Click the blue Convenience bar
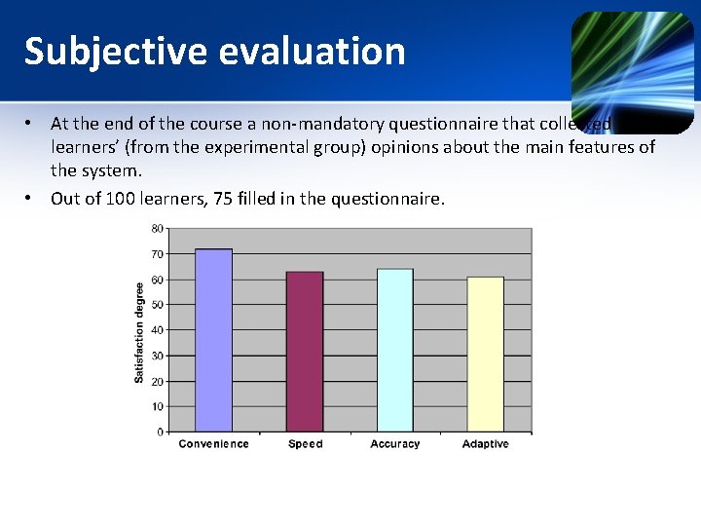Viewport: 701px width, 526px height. point(213,340)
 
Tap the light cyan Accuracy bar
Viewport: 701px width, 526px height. point(394,350)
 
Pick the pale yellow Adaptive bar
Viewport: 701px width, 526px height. point(485,354)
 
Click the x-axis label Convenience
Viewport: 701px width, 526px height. point(213,444)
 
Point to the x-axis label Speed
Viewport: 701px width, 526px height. point(305,444)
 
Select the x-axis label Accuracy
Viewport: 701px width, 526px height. point(394,444)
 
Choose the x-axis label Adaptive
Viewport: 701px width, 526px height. point(485,444)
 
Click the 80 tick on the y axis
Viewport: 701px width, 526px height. point(158,229)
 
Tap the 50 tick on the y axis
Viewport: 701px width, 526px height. point(158,305)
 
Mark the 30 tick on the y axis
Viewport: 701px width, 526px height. point(158,356)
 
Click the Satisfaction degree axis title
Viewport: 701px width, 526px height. point(139,331)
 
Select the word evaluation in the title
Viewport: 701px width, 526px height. point(312,52)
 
